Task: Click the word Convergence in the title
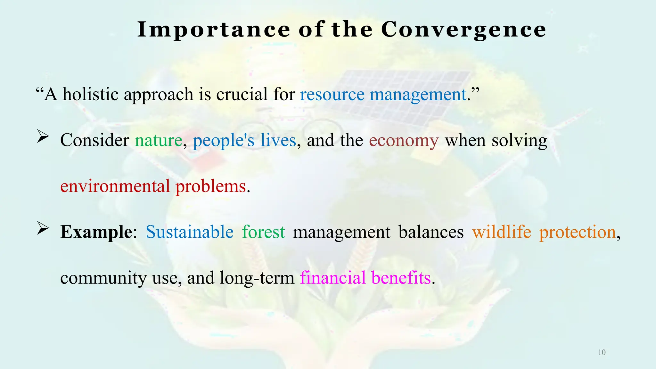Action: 463,29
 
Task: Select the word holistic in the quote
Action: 90,94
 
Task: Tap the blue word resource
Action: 332,94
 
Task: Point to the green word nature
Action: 158,140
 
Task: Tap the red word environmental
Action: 115,186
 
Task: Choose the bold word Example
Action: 96,232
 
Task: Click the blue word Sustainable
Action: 189,232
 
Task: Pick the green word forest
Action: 263,232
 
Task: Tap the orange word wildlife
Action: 502,232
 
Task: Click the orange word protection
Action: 577,232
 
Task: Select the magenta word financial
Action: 333,278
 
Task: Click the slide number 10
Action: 602,353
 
